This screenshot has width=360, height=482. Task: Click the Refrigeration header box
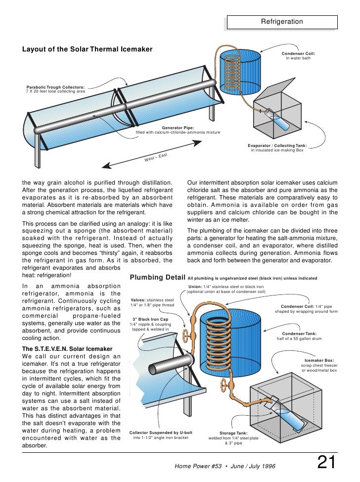click(282, 22)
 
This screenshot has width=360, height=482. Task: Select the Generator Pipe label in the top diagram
click(178, 130)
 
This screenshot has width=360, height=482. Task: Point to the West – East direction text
click(156, 158)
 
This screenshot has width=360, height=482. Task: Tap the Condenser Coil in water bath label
click(298, 55)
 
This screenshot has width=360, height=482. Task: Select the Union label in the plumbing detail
click(226, 289)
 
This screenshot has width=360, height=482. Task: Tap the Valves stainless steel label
click(152, 302)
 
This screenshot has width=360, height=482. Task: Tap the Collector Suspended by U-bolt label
click(160, 435)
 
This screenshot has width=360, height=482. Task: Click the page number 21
click(326, 463)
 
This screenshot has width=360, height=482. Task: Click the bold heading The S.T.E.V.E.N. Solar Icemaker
click(68, 348)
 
